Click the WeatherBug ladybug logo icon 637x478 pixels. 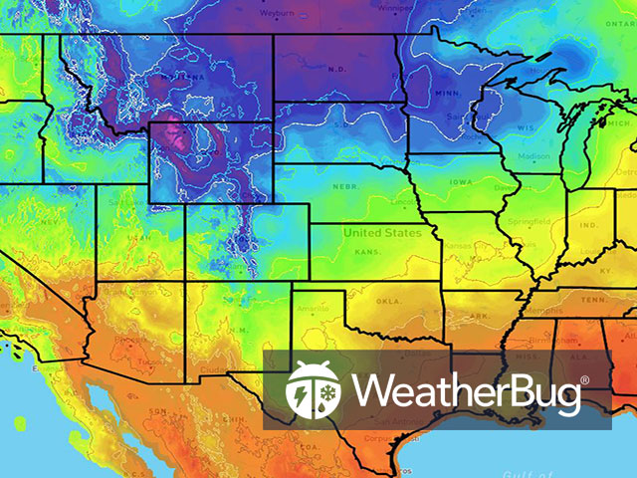click(314, 389)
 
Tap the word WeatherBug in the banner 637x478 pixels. click(466, 391)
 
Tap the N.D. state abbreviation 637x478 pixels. click(336, 71)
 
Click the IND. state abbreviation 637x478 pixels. click(586, 226)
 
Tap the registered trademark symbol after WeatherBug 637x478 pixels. click(584, 379)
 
